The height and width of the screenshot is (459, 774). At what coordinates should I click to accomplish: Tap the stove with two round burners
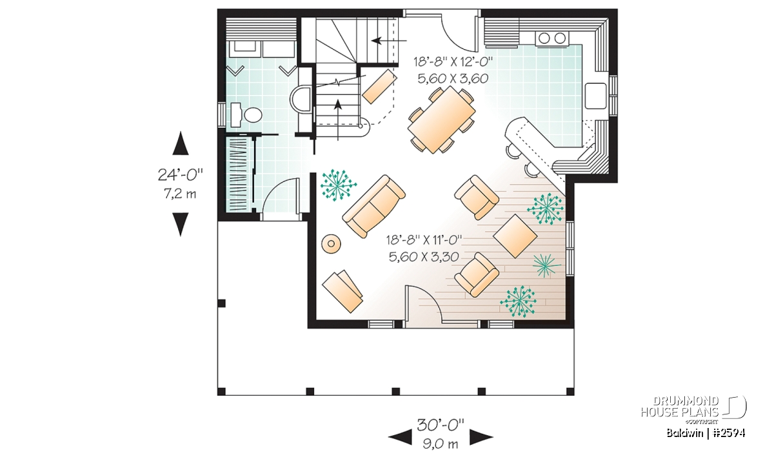tap(551, 38)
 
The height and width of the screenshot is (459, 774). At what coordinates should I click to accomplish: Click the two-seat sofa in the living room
tap(374, 207)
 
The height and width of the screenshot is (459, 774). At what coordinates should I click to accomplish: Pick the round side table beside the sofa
tap(332, 244)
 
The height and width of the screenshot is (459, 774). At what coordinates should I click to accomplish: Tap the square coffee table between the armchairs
tap(515, 236)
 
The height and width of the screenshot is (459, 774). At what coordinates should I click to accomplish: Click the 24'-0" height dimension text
tap(181, 175)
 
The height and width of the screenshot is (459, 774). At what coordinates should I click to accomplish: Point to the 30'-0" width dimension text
tap(441, 425)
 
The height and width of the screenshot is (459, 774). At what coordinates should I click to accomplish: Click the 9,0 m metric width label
tap(441, 443)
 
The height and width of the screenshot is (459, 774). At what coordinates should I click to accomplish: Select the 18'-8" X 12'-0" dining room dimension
tap(453, 62)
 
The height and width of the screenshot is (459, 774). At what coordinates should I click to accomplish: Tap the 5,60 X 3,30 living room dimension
tap(424, 257)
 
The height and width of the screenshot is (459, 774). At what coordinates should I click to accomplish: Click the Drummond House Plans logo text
tap(680, 407)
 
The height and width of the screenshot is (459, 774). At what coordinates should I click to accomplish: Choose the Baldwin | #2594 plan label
tap(706, 433)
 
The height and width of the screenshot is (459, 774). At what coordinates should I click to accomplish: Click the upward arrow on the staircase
tap(337, 119)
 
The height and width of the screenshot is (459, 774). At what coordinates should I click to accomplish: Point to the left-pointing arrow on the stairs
tap(389, 41)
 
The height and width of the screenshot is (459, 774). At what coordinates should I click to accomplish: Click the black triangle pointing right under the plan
tap(481, 437)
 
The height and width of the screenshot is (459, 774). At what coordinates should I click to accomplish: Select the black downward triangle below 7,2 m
tap(181, 224)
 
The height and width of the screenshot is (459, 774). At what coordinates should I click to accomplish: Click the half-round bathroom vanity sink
tap(301, 99)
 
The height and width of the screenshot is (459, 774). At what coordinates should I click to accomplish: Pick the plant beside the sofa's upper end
tap(337, 185)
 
